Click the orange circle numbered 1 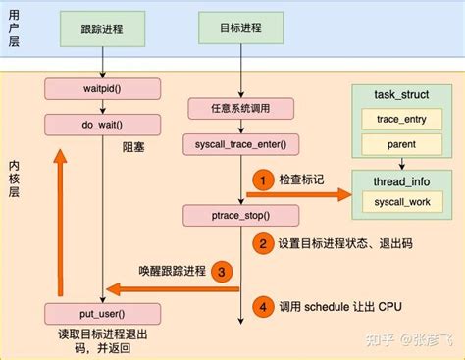[x=262, y=180]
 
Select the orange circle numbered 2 [x=262, y=242]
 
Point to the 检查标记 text [x=301, y=180]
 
